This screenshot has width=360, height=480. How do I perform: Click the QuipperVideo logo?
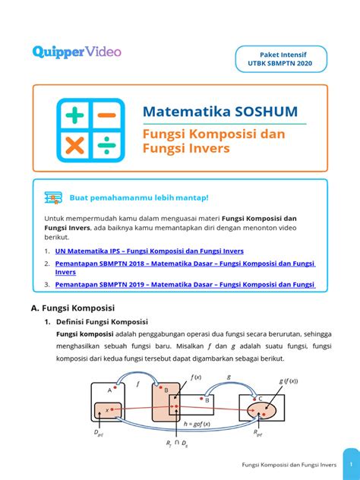pos(77,52)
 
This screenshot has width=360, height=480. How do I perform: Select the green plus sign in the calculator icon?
pos(74,116)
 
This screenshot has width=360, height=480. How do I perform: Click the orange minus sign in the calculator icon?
pos(106,116)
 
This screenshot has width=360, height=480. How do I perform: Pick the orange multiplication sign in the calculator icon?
pos(74,146)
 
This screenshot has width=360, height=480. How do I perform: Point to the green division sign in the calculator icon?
pos(106,146)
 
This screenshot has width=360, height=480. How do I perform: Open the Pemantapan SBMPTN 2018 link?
pos(185,263)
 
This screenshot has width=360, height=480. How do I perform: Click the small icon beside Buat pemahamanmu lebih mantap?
pos(53,197)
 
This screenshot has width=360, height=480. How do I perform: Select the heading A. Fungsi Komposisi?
pos(73,308)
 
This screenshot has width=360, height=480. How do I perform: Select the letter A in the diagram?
pos(109,389)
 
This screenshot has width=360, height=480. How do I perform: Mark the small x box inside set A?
pos(110,411)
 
